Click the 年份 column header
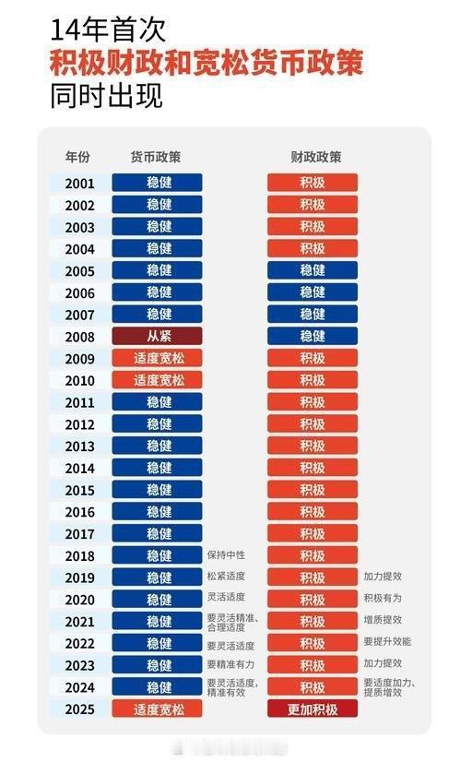(x=78, y=157)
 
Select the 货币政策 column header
(x=157, y=157)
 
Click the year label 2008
(x=79, y=336)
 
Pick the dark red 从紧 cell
(x=158, y=336)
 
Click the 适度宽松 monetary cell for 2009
(x=158, y=358)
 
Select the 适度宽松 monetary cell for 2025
(x=158, y=708)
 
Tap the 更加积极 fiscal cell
(x=313, y=708)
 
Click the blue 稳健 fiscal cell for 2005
(x=313, y=270)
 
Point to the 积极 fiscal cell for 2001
(x=313, y=183)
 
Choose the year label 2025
(x=79, y=708)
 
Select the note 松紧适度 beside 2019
(x=226, y=577)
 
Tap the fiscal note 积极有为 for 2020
(x=383, y=599)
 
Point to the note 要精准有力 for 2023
(x=230, y=664)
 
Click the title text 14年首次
(x=108, y=30)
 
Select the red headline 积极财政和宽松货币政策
(x=207, y=63)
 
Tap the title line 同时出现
(x=107, y=96)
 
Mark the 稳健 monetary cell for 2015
(x=158, y=490)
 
